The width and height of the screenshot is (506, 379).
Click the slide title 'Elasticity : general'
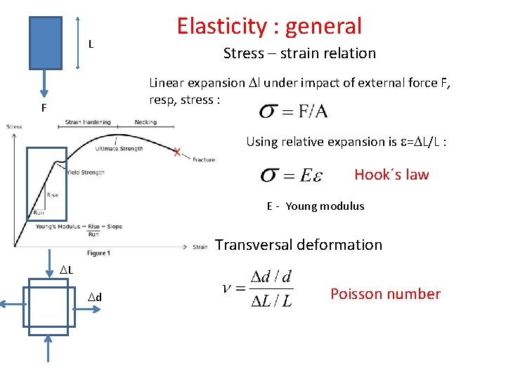[x=269, y=26]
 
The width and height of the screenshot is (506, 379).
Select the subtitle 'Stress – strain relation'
[x=299, y=53]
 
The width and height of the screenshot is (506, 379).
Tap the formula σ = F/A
[x=293, y=112]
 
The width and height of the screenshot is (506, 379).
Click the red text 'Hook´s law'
[x=391, y=175]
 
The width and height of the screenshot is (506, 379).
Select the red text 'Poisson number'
[x=385, y=294]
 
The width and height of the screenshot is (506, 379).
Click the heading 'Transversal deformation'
[x=299, y=245]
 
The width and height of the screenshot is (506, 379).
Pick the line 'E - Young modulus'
[x=316, y=206]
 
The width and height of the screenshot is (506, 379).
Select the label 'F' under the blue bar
[x=44, y=109]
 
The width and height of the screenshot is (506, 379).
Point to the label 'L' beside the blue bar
[x=91, y=44]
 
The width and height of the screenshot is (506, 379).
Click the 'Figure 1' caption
[x=98, y=253]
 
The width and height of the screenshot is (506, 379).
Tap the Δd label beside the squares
[x=96, y=298]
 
